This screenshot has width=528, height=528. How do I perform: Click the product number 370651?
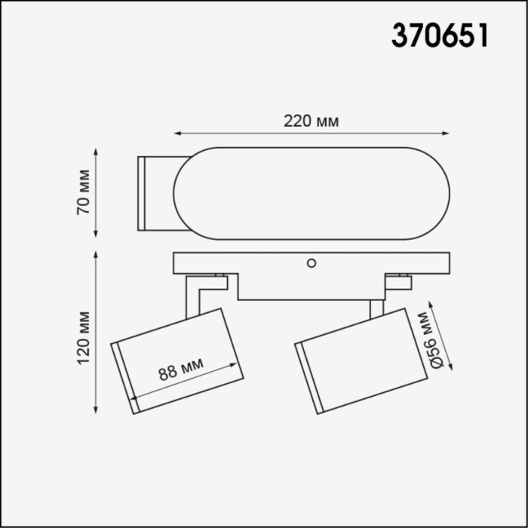pos(439,35)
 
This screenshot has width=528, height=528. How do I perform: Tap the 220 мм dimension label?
pos(311,121)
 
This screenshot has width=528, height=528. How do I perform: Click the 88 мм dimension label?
pos(182,369)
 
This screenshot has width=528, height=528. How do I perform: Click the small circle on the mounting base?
pos(310,263)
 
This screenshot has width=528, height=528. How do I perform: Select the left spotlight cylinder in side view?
pos(177,361)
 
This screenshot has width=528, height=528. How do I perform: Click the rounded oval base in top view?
pos(312,193)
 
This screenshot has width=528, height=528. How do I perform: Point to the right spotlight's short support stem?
pos(376,308)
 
